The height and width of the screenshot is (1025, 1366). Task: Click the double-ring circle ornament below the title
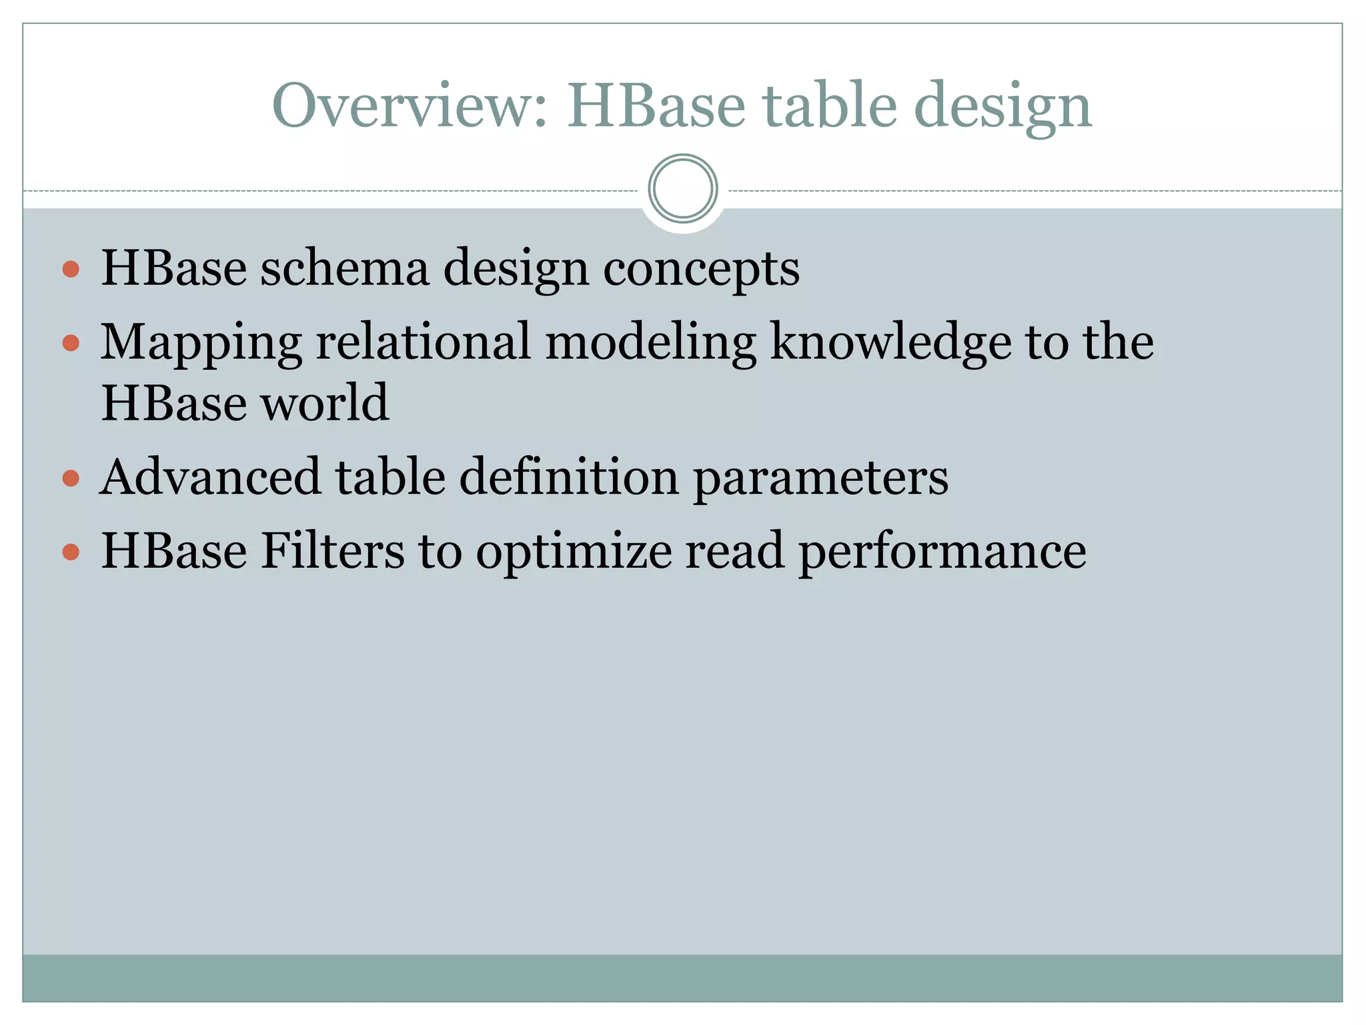(x=682, y=189)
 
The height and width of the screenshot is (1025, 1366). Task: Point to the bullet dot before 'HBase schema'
(x=71, y=270)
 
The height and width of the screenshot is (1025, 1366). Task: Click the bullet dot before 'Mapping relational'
(x=71, y=344)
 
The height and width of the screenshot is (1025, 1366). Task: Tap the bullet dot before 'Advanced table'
(x=71, y=478)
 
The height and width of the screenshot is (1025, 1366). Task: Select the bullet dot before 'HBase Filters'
(x=71, y=552)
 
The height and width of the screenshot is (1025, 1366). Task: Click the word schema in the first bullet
(x=344, y=268)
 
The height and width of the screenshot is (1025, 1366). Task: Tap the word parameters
(x=821, y=479)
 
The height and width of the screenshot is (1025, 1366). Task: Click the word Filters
(x=332, y=551)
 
